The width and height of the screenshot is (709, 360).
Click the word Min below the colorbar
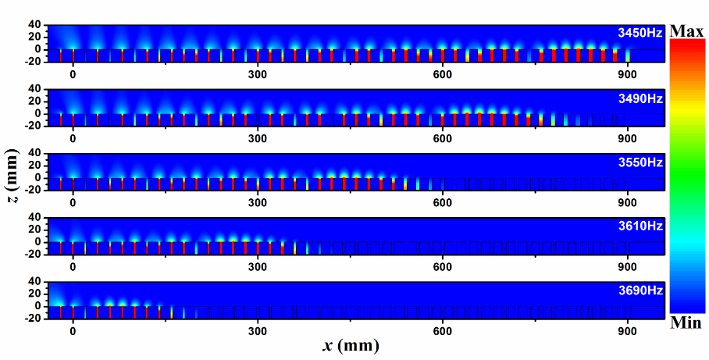[686, 323]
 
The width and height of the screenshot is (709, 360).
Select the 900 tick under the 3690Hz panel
[628, 331]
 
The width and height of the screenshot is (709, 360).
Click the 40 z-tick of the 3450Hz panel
[34, 24]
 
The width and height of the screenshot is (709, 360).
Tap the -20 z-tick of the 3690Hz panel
[31, 319]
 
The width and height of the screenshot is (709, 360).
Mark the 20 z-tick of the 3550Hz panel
[34, 165]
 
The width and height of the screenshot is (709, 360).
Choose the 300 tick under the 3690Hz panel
[258, 331]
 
